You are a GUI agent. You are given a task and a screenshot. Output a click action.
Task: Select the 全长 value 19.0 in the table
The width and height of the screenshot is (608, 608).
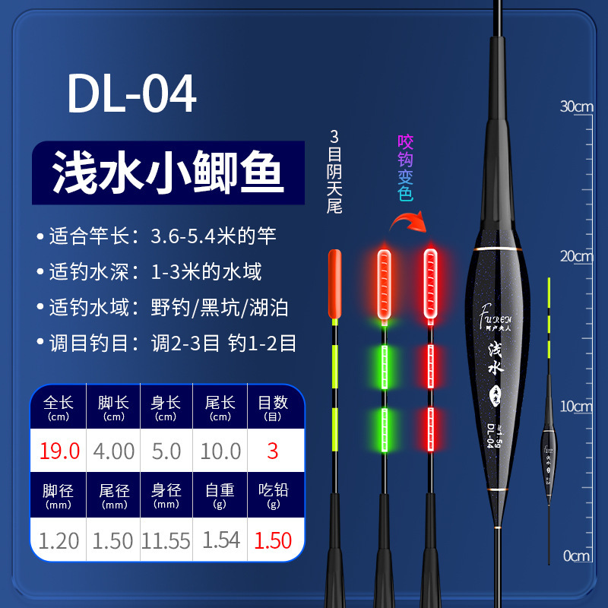pyautogui.click(x=60, y=451)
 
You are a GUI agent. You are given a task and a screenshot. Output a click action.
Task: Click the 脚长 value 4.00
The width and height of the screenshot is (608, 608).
pyautogui.click(x=112, y=451)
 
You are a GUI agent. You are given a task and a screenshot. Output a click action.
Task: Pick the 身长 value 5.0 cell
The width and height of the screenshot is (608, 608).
pyautogui.click(x=166, y=451)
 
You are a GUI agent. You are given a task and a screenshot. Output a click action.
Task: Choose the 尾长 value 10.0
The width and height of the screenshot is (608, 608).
pyautogui.click(x=220, y=451)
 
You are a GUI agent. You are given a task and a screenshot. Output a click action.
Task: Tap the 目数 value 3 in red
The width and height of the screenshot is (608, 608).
pyautogui.click(x=271, y=451)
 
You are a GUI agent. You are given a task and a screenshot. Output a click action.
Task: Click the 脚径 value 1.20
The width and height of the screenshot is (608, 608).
pyautogui.click(x=60, y=540)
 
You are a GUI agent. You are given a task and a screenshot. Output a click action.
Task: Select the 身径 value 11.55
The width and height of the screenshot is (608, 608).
pyautogui.click(x=166, y=540)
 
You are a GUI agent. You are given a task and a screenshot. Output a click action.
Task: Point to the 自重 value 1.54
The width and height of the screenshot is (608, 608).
pyautogui.click(x=220, y=540)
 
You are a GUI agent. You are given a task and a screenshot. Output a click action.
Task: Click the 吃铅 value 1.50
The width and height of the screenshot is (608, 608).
pyautogui.click(x=271, y=540)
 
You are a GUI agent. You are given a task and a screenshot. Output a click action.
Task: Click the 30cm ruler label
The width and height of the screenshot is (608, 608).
pyautogui.click(x=576, y=106)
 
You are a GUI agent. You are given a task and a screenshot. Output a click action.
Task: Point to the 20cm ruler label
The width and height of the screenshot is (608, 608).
pyautogui.click(x=576, y=256)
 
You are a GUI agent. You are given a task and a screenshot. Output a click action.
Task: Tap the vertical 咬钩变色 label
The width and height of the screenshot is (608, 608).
pyautogui.click(x=405, y=168)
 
